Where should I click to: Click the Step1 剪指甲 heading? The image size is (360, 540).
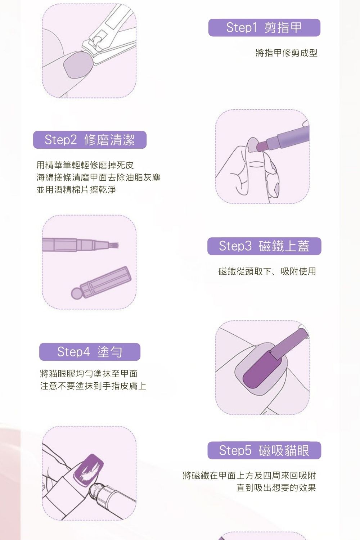click(x=264, y=28)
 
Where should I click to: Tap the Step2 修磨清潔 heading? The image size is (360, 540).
click(x=90, y=140)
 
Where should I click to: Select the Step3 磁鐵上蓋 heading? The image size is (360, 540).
click(x=264, y=246)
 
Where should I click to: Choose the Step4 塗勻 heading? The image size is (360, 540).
click(x=90, y=352)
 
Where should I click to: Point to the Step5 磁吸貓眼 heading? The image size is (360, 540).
click(x=264, y=450)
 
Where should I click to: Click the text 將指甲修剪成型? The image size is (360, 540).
click(x=286, y=53)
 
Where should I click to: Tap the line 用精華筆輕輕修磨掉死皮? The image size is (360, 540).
click(x=85, y=165)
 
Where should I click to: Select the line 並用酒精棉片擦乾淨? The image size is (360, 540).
click(x=76, y=190)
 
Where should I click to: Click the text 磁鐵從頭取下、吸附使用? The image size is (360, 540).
click(x=267, y=271)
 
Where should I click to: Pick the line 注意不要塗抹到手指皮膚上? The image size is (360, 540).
click(x=93, y=386)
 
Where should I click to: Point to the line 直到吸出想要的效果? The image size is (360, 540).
click(x=276, y=488)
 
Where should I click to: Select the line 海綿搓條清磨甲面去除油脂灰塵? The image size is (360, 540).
click(x=98, y=177)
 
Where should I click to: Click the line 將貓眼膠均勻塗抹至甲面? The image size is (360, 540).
click(x=89, y=374)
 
